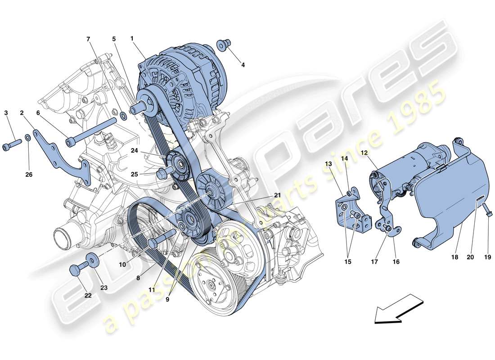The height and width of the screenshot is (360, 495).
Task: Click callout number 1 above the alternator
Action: click(x=132, y=39)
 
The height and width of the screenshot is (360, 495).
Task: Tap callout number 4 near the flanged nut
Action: click(x=243, y=65)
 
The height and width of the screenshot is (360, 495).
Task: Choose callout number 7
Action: click(x=88, y=39)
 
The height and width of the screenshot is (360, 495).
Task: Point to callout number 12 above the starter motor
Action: click(x=364, y=153)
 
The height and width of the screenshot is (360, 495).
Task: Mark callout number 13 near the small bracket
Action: click(x=328, y=163)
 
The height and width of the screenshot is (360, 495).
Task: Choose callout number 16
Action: click(x=396, y=261)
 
